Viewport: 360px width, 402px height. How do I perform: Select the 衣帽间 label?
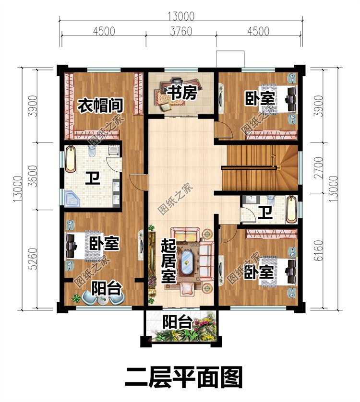point(99,104)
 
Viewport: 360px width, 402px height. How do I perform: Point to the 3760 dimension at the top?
point(180,32)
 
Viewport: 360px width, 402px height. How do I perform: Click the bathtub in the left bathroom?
point(71,160)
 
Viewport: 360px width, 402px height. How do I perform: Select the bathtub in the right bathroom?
point(291,209)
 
